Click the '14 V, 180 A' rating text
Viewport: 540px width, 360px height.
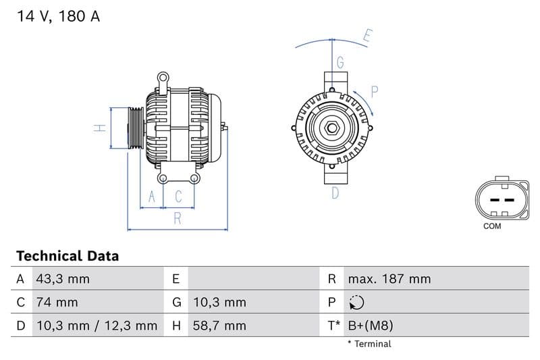[58, 17]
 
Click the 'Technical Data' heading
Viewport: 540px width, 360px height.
[67, 256]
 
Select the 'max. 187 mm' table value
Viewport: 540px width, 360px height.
[389, 279]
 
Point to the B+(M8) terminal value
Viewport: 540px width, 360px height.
[370, 326]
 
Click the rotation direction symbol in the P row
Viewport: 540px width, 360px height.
[357, 303]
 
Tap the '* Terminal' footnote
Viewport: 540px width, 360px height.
[369, 344]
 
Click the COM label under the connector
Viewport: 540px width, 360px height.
[492, 226]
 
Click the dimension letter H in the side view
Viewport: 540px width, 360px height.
[98, 127]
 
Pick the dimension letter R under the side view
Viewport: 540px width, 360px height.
[177, 217]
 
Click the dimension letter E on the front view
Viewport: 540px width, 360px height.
[367, 36]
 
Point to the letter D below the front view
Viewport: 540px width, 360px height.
[335, 193]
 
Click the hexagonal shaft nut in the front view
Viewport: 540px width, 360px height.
[332, 128]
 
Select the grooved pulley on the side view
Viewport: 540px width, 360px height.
[135, 128]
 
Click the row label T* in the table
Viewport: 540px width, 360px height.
[333, 326]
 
